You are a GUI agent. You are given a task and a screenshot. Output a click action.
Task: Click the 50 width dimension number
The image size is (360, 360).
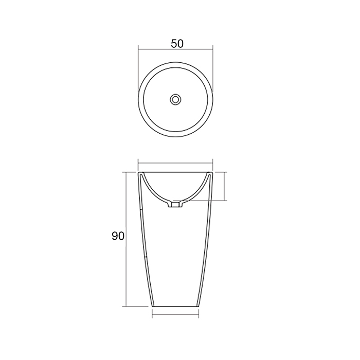pos(177,44)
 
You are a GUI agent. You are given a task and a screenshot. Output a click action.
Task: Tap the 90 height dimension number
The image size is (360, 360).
pos(118,237)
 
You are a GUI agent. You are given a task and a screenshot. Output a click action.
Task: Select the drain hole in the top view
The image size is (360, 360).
pos(176,98)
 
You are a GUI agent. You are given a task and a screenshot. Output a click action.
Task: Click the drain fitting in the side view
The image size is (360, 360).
pos(176,205)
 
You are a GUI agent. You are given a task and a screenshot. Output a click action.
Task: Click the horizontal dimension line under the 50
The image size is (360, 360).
pos(176,50)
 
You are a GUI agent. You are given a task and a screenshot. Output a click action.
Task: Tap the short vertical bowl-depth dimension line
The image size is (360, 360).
pos(225,186)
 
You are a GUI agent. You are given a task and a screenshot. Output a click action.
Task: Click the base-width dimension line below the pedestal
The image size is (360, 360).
pos(175,315)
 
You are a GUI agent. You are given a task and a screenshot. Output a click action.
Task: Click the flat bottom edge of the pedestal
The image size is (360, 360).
pos(175,306)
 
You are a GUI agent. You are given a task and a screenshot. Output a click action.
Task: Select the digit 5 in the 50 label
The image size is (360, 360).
pos(173,44)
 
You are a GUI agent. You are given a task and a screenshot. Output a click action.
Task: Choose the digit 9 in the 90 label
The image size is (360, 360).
pos(115,237)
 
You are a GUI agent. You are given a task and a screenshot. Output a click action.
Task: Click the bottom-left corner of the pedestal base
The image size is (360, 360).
pos(153,306)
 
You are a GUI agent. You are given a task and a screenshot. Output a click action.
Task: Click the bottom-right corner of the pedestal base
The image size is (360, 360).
pos(199,306)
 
